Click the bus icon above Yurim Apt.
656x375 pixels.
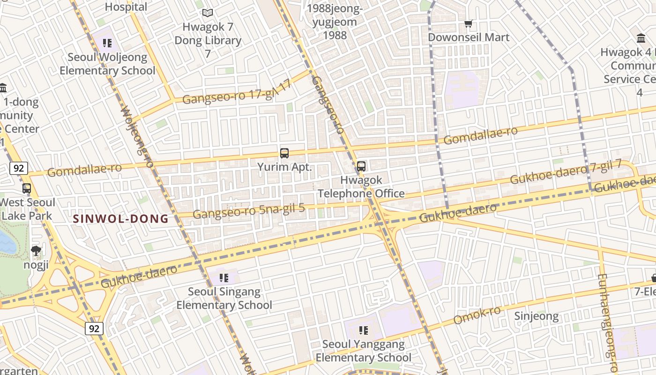pyautogui.click(x=284, y=153)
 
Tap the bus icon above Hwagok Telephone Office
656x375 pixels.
pyautogui.click(x=361, y=166)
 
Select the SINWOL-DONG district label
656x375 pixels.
pyautogui.click(x=121, y=218)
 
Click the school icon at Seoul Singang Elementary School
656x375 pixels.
pyautogui.click(x=224, y=278)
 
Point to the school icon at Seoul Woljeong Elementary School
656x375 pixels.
pyautogui.click(x=107, y=44)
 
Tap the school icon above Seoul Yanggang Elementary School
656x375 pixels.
pyautogui.click(x=363, y=330)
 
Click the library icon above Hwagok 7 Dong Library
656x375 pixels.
pyautogui.click(x=207, y=14)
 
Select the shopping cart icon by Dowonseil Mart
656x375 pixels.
pyautogui.click(x=468, y=23)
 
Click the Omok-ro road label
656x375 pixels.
pyautogui.click(x=477, y=315)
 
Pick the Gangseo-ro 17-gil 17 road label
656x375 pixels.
pyautogui.click(x=237, y=93)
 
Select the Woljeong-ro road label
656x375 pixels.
pyautogui.click(x=137, y=136)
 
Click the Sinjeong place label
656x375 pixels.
pyautogui.click(x=537, y=316)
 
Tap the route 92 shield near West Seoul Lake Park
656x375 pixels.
pyautogui.click(x=18, y=168)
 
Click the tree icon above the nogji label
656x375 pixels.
pyautogui.click(x=36, y=251)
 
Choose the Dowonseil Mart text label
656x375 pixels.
pyautogui.click(x=469, y=37)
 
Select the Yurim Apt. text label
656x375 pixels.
pyautogui.click(x=284, y=167)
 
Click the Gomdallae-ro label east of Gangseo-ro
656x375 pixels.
pyautogui.click(x=480, y=135)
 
